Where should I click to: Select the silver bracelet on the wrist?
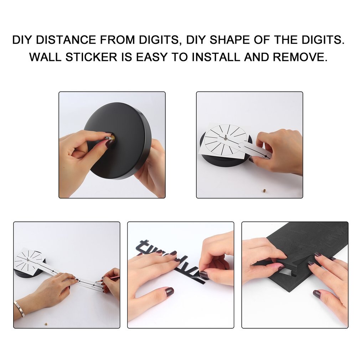point(19,309)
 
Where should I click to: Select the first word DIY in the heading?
point(22,40)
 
